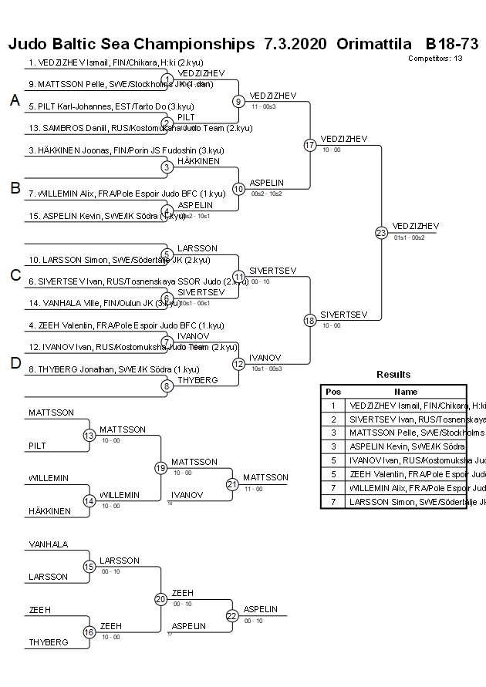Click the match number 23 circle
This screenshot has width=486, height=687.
tap(381, 232)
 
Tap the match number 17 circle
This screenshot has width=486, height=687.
tap(310, 145)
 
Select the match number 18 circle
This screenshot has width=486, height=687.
tap(310, 321)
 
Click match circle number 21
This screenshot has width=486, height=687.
tap(232, 484)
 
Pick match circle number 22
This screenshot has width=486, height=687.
tap(232, 615)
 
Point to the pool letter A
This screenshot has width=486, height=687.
tap(15, 100)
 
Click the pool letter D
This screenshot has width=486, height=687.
tap(15, 363)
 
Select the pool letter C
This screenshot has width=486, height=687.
tap(15, 275)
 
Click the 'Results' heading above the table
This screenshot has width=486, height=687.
tap(393, 374)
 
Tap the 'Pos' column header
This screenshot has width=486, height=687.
tap(333, 392)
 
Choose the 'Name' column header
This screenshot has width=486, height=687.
tap(405, 392)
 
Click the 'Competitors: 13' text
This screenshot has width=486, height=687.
tap(435, 58)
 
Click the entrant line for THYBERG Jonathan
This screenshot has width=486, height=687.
tap(116, 369)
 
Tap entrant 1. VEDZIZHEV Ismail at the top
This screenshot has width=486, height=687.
tap(116, 62)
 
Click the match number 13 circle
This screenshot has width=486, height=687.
tap(89, 436)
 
